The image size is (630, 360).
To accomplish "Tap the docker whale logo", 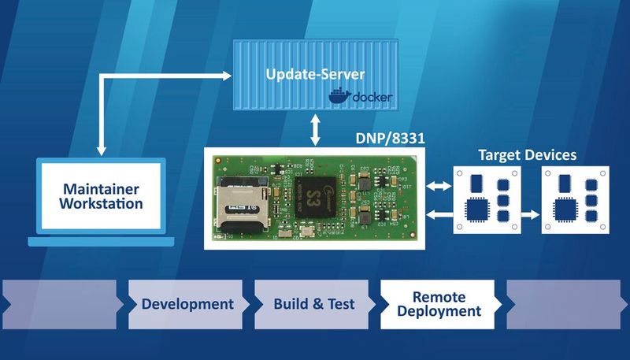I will click(339, 98).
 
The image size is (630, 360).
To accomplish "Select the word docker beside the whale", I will click(370, 98).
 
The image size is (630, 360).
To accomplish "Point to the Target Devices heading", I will click(528, 154).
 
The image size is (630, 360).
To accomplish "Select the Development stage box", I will click(187, 304).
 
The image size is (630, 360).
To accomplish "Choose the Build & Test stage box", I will click(313, 304).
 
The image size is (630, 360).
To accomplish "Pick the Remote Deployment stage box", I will click(439, 304).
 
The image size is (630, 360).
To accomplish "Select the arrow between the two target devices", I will click(529, 213).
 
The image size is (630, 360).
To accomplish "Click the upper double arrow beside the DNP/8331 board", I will click(437, 187).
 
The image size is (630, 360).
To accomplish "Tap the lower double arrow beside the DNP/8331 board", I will click(437, 213).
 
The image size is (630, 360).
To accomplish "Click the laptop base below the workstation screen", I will click(101, 241).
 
